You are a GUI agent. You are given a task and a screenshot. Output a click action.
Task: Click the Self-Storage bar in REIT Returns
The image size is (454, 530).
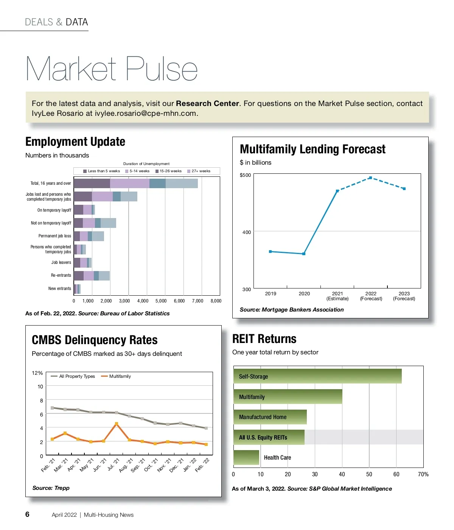[x=317, y=376]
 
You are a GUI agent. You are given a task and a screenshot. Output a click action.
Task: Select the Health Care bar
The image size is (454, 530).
[x=246, y=457]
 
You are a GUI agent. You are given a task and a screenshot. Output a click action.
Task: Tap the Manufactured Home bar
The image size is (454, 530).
[x=270, y=417]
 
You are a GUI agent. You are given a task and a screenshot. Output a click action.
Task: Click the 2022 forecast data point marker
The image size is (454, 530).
[x=370, y=178]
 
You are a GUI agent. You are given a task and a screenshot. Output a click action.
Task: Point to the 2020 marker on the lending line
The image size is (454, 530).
[x=304, y=254]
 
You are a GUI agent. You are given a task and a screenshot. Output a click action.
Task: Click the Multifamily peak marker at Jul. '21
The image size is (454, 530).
[x=117, y=424]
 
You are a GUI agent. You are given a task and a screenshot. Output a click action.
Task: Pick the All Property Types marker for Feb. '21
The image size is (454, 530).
[x=52, y=408]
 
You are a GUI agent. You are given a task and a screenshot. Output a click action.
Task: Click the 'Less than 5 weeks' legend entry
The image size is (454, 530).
[x=102, y=171]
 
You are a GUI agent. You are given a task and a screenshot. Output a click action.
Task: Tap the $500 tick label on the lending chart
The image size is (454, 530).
[x=245, y=175]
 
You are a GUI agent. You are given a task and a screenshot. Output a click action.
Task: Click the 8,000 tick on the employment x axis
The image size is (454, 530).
[x=216, y=301]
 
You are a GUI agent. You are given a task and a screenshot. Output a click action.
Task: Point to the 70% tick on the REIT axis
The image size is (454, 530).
[x=423, y=474]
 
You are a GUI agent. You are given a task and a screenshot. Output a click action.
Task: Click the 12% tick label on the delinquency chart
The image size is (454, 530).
[x=37, y=373]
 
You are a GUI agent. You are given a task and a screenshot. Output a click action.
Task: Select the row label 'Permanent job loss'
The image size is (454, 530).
[x=54, y=236]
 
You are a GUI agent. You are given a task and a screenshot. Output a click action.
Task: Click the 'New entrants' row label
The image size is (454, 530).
[x=59, y=288]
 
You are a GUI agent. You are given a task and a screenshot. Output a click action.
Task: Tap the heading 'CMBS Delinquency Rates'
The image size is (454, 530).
[x=95, y=340]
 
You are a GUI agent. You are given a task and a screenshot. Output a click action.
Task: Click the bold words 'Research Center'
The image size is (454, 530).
[x=207, y=103]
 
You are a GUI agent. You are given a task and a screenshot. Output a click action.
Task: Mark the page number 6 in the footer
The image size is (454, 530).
[x=27, y=514]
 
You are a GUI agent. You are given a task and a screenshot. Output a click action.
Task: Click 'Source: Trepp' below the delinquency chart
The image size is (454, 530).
[x=51, y=488]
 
